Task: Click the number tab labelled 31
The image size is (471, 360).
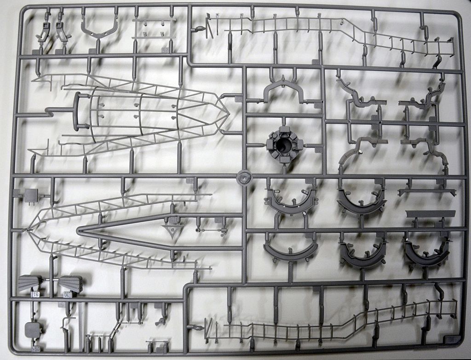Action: (35, 294)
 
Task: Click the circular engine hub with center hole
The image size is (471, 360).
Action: (284, 145)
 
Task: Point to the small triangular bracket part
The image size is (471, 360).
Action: (172, 230)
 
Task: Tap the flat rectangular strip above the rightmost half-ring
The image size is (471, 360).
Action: (431, 214)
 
